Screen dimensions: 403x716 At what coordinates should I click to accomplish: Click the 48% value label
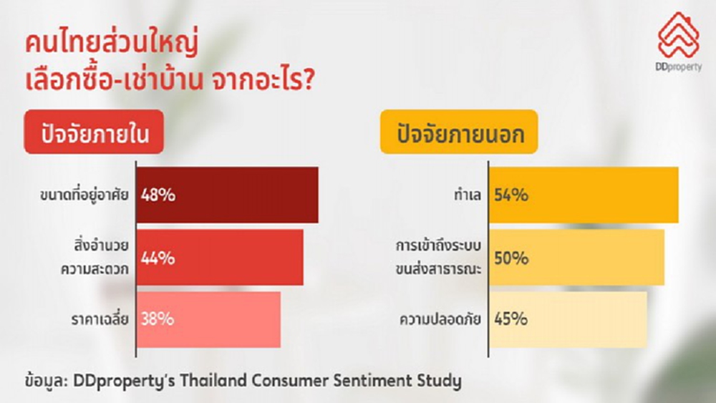click(158, 195)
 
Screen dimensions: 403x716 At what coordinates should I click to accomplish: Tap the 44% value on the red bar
click(158, 258)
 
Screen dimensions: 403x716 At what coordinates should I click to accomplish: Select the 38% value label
click(158, 319)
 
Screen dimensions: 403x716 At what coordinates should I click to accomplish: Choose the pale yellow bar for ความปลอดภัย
click(580, 319)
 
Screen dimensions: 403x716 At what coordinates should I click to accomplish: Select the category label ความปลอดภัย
click(440, 319)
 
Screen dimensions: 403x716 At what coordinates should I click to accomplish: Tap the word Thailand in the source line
click(208, 381)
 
